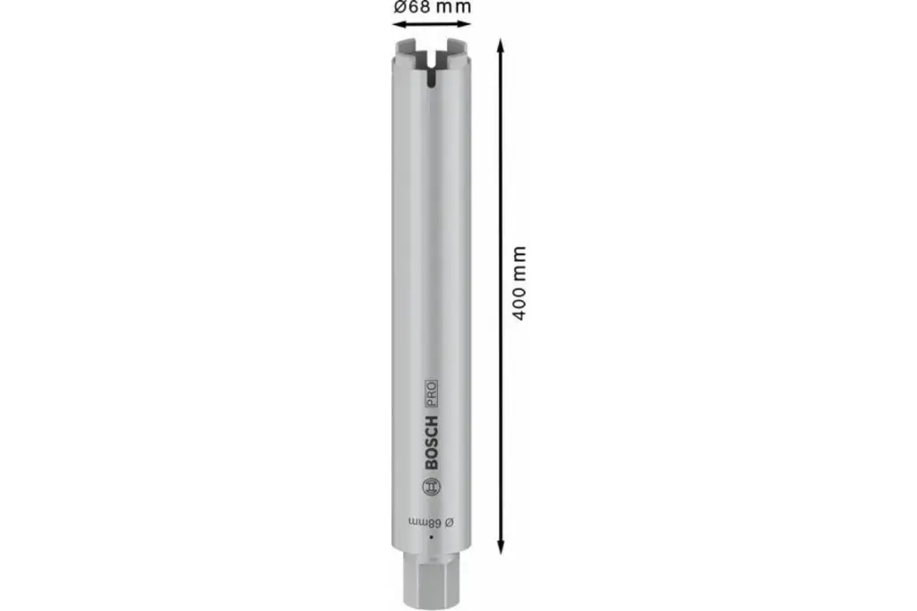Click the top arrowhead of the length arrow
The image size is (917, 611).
point(499,42)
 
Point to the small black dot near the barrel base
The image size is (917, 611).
point(431,537)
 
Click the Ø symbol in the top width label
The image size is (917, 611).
point(400,7)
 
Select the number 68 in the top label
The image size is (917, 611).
point(421,7)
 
